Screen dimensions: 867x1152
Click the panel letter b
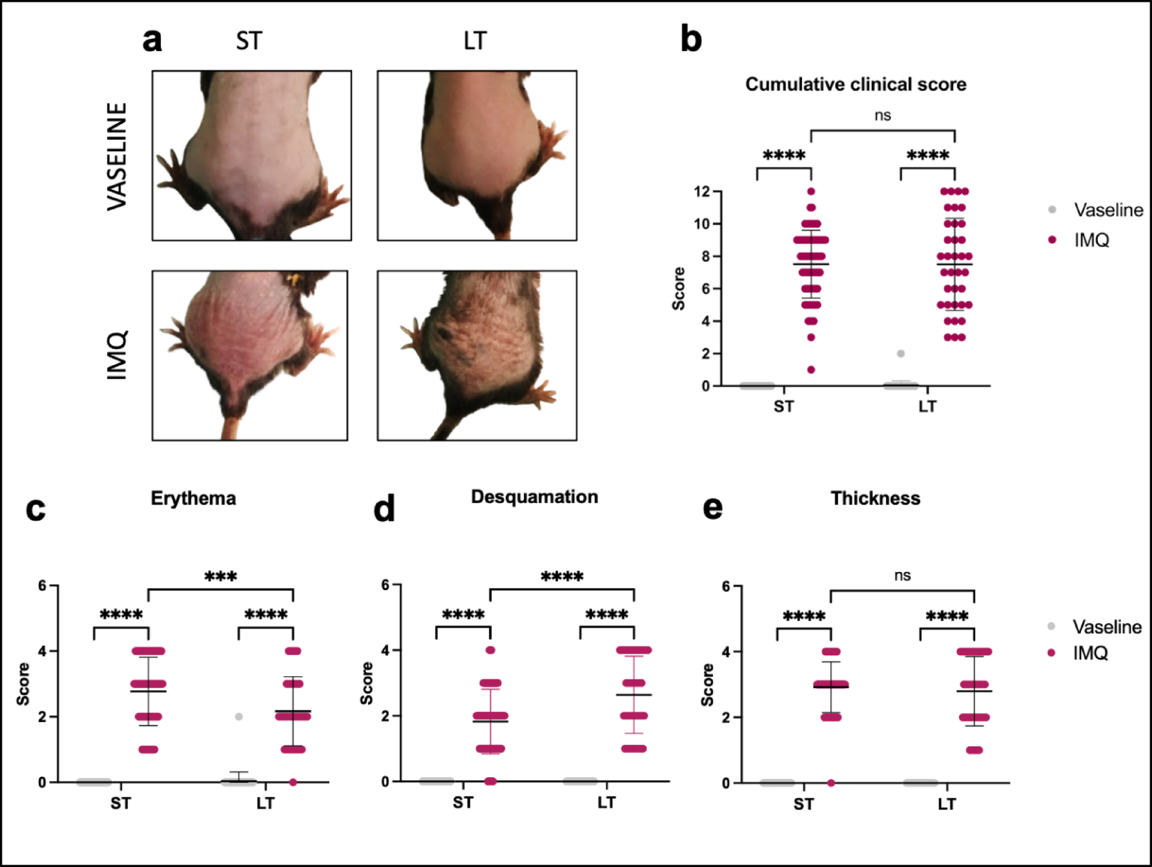pos(690,39)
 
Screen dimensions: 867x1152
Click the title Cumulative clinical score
pos(855,84)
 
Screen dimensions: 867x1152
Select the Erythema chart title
pos(193,498)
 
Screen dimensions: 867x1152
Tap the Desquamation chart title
pos(534,497)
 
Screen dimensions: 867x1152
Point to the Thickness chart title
pos(874,498)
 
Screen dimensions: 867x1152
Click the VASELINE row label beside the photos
pos(117,157)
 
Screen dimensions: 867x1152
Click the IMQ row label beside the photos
pos(117,355)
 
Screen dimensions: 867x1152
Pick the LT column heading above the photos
pos(475,41)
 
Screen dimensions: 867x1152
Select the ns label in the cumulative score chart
pos(882,115)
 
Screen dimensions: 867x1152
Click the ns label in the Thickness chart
pos(902,575)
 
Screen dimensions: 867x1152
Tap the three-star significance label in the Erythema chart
pos(220,576)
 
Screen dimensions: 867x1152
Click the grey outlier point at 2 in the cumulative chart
pos(901,353)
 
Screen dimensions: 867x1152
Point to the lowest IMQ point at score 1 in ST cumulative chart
pos(811,370)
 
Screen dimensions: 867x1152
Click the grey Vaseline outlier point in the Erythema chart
pos(239,716)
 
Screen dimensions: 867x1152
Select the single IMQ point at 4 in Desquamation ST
pos(490,650)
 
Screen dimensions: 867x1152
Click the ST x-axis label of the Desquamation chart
pos(463,803)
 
